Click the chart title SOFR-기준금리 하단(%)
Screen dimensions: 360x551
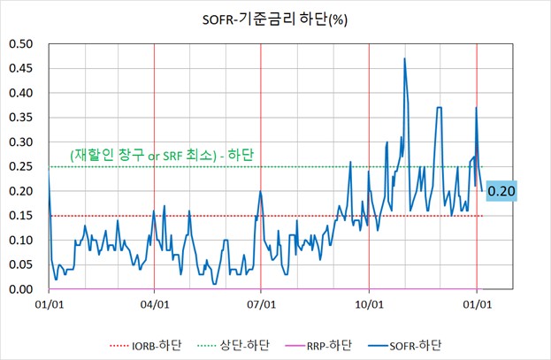click(x=275, y=18)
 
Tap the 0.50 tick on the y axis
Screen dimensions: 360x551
click(x=22, y=44)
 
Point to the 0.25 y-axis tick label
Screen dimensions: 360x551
click(x=22, y=167)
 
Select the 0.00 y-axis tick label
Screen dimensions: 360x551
click(x=22, y=289)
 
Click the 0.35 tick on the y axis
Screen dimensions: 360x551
click(x=22, y=118)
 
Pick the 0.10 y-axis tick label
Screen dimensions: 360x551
click(x=22, y=241)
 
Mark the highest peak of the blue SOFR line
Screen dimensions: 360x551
click(x=404, y=58)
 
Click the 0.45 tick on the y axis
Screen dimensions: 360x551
click(x=22, y=69)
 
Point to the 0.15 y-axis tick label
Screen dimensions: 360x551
click(x=22, y=216)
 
